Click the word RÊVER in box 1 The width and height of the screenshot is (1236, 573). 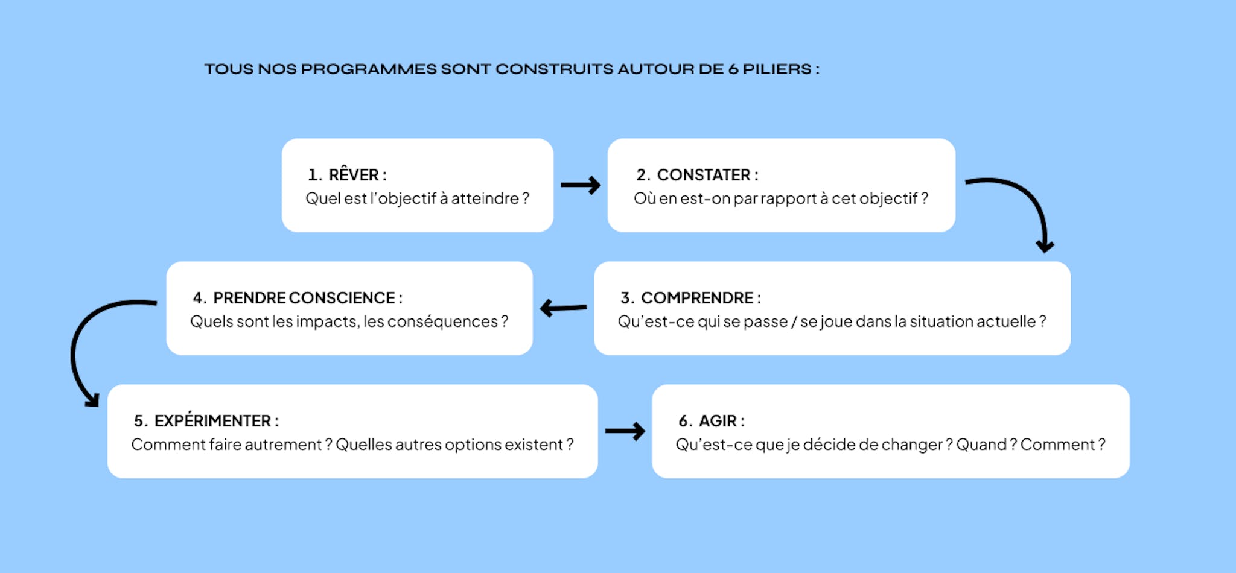(x=354, y=174)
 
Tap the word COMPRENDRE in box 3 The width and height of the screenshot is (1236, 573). (x=697, y=298)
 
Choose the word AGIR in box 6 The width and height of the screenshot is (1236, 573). (x=718, y=421)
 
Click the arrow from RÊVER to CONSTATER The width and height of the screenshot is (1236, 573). (x=581, y=185)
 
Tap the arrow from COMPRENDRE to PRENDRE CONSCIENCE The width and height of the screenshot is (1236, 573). (x=563, y=308)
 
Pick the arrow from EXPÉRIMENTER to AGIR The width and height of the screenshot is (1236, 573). (x=625, y=431)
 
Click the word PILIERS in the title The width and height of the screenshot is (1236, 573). (x=777, y=69)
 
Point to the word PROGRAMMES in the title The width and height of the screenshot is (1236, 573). (x=369, y=69)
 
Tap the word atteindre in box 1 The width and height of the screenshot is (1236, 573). (x=485, y=198)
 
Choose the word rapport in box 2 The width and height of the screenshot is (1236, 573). (x=788, y=200)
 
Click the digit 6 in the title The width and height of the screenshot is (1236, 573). (x=733, y=69)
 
